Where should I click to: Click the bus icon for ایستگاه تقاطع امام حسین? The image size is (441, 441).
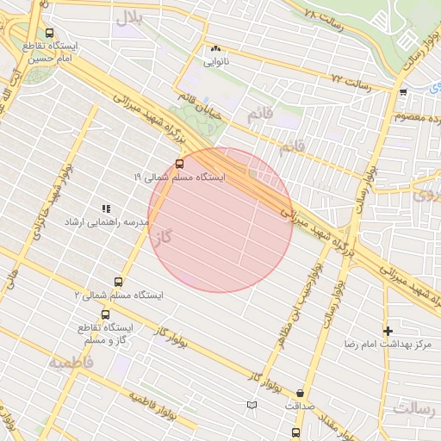tap(48, 33)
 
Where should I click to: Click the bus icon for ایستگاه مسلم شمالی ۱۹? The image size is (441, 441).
tap(179, 163)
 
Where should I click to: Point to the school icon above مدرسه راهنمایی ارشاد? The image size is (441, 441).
tap(107, 208)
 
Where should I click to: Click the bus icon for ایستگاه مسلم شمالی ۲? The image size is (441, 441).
tap(119, 282)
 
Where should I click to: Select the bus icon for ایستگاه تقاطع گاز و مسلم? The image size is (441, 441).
tap(106, 315)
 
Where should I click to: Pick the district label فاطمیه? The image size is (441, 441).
tap(69, 362)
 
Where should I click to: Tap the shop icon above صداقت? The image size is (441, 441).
tap(299, 392)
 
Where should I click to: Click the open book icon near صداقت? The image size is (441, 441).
tap(252, 404)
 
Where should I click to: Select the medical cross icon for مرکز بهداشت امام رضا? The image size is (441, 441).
tap(388, 331)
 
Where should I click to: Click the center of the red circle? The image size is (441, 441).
tap(220, 220)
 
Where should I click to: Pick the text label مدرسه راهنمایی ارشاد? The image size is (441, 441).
tap(107, 222)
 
